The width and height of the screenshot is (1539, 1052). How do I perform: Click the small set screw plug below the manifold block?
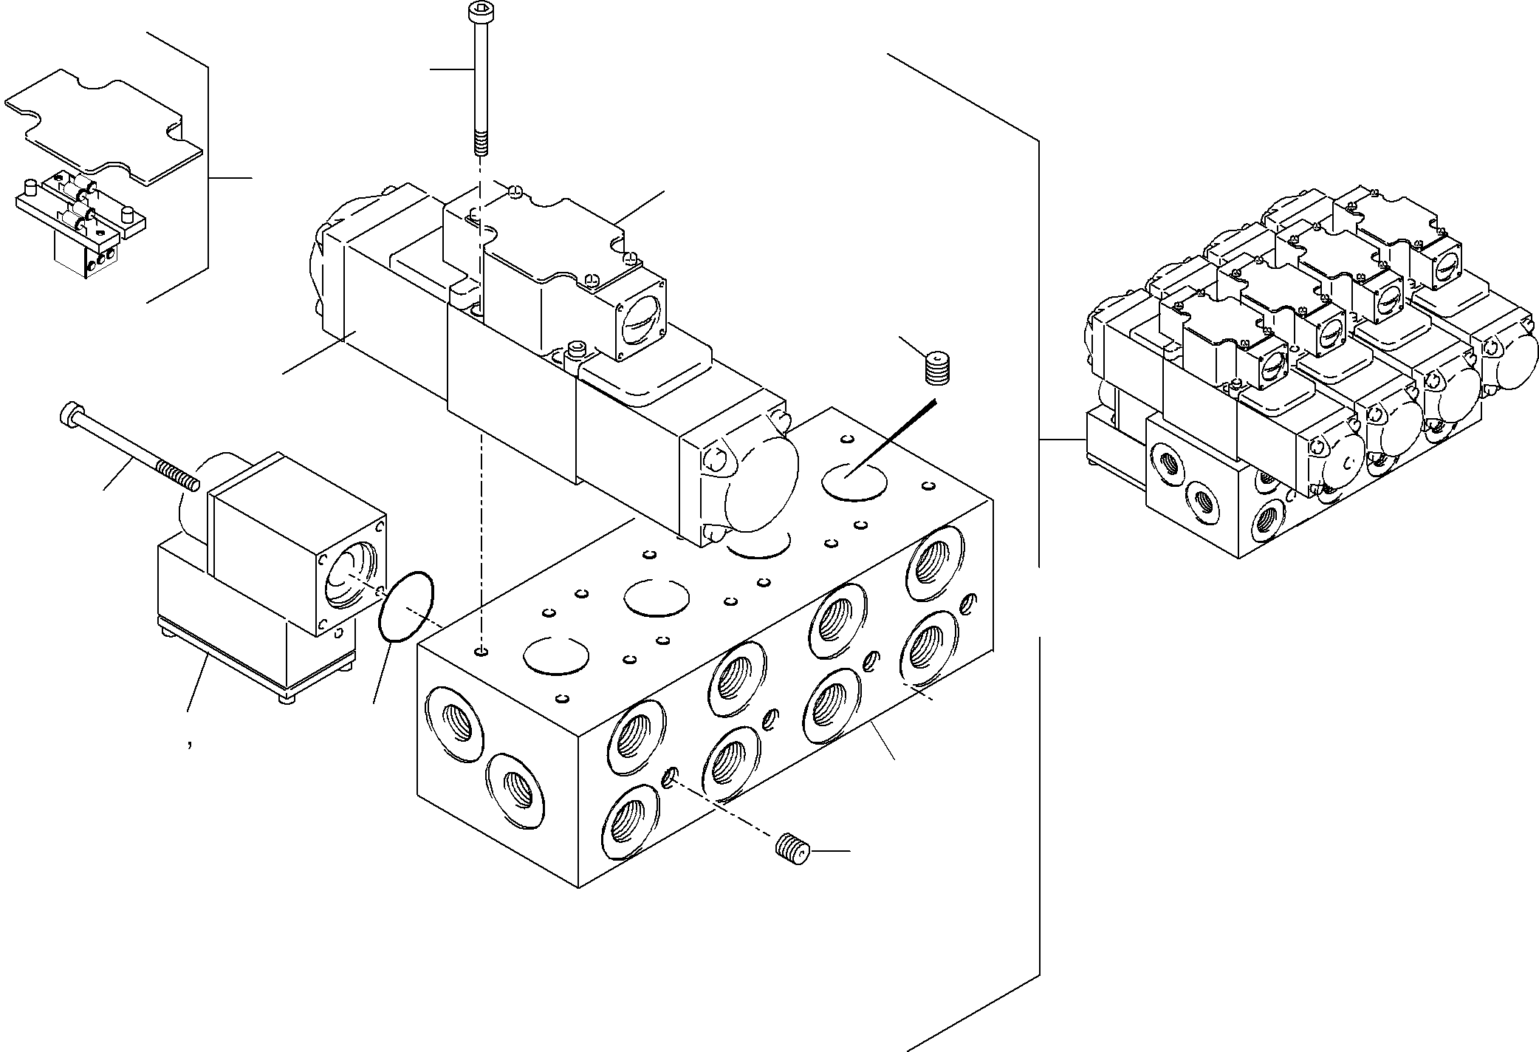[x=794, y=846]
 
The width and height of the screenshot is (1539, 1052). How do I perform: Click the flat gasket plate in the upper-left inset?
[x=103, y=126]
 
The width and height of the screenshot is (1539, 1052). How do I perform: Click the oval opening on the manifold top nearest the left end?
[x=556, y=655]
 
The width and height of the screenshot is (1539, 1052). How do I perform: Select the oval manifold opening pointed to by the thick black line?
[x=854, y=483]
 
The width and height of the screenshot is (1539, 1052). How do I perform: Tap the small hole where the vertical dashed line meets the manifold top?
[x=481, y=651]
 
